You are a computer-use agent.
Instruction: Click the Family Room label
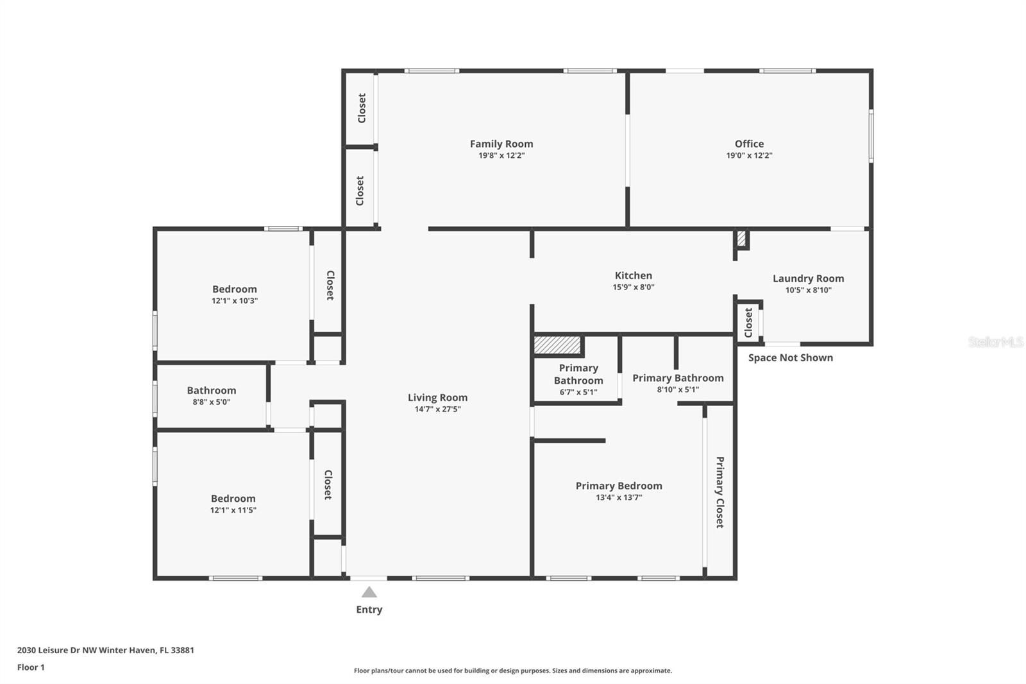[501, 144]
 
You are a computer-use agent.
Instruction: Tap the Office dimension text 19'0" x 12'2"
[749, 155]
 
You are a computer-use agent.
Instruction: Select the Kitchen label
[633, 275]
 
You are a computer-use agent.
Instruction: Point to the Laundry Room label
[808, 278]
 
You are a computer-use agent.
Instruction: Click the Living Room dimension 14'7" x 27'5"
[437, 409]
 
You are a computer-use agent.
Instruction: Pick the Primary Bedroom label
[618, 486]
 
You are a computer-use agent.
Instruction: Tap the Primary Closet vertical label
[719, 492]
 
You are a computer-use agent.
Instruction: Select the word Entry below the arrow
[369, 610]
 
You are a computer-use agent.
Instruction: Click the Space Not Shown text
[790, 357]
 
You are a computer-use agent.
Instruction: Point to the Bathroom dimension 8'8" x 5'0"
[211, 402]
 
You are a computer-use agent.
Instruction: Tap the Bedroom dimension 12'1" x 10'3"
[235, 301]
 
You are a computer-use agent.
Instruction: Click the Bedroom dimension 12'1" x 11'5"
[233, 509]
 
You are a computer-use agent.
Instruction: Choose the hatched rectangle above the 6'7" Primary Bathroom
[557, 345]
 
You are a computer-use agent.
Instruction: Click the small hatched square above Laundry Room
[741, 239]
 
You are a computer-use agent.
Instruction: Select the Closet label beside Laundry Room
[748, 322]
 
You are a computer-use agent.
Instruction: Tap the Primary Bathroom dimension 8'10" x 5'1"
[678, 389]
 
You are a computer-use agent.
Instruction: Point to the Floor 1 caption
[31, 667]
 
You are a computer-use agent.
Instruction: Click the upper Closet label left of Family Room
[362, 108]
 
